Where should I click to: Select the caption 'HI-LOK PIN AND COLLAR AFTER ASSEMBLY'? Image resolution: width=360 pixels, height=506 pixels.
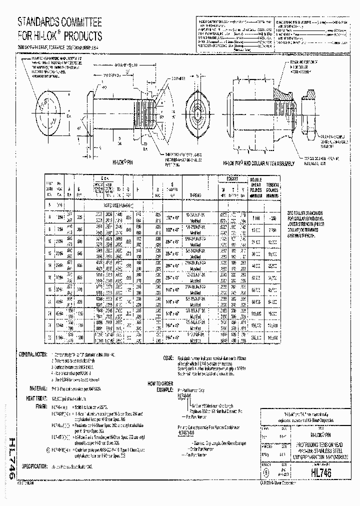(258, 163)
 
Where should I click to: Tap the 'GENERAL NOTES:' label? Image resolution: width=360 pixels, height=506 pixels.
(34, 353)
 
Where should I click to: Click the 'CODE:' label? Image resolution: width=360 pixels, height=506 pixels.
(168, 358)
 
